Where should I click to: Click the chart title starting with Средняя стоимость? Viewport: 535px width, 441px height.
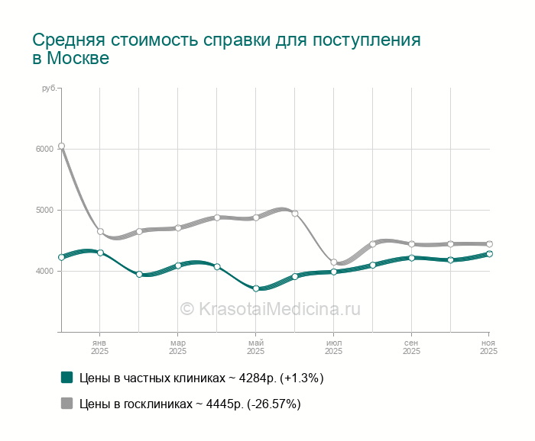(x=226, y=49)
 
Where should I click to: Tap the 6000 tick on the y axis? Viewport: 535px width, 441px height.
(x=43, y=149)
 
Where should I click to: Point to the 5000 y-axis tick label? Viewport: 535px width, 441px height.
(x=43, y=210)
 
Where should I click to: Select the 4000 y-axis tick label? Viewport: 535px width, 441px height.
(x=43, y=271)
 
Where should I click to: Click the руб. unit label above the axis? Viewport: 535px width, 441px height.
(x=49, y=89)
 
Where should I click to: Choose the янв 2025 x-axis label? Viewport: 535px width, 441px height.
(x=99, y=347)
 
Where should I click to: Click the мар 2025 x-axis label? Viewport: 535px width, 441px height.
(x=177, y=347)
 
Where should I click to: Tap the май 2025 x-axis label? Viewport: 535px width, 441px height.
(x=255, y=347)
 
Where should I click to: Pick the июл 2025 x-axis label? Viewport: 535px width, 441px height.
(x=333, y=347)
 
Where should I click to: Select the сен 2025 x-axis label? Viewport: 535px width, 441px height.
(x=411, y=347)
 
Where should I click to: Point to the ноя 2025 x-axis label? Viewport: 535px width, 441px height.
(x=488, y=347)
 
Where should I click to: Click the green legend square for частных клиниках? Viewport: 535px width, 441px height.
(x=66, y=377)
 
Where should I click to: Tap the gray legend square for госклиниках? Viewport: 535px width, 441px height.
(x=66, y=404)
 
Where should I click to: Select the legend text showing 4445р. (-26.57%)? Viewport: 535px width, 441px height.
(x=190, y=404)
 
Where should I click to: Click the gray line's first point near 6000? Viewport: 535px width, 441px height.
(x=61, y=146)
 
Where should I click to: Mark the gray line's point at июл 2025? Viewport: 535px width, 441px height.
(x=334, y=262)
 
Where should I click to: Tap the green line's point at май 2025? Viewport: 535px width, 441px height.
(x=256, y=288)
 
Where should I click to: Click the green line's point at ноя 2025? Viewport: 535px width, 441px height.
(x=489, y=254)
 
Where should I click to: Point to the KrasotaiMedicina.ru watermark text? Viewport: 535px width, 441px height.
(x=270, y=308)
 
